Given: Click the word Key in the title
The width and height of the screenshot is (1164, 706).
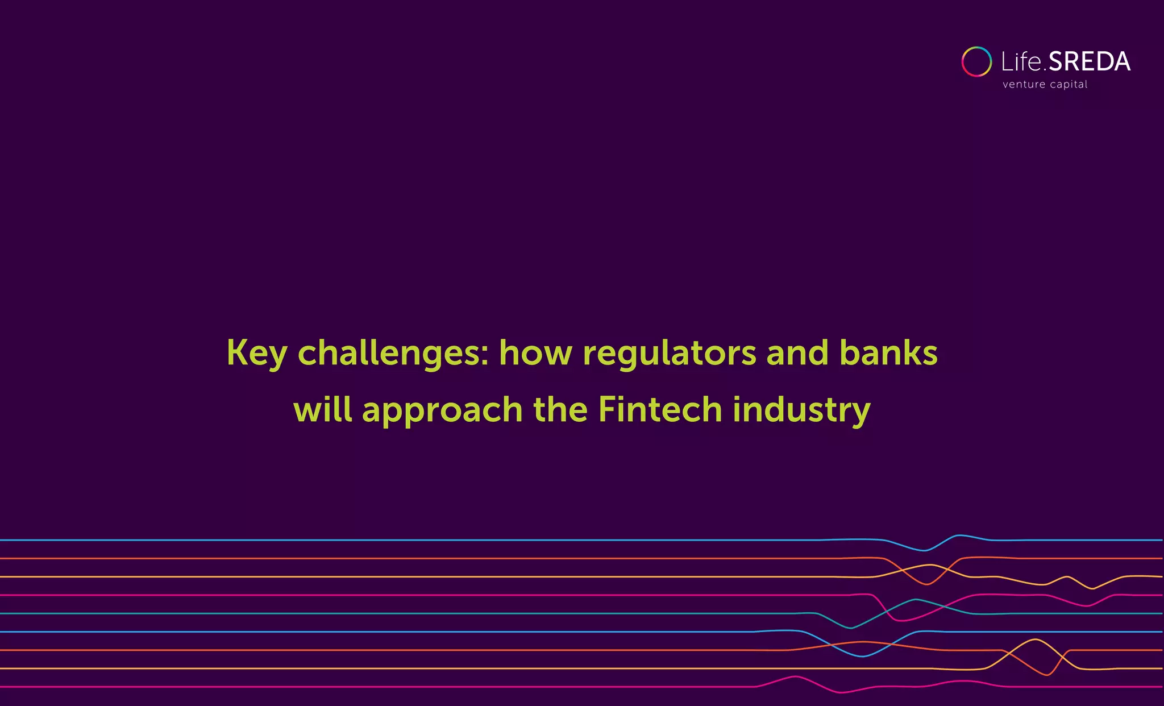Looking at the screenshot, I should tap(256, 354).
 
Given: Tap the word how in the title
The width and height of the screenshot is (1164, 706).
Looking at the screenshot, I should tap(535, 352).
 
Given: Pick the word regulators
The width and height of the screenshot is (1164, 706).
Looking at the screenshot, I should tap(670, 354).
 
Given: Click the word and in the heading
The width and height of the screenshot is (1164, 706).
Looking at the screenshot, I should tap(797, 352).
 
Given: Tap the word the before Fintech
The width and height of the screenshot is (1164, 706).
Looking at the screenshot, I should tap(560, 409).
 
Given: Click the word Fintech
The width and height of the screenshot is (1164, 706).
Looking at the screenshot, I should tap(660, 409).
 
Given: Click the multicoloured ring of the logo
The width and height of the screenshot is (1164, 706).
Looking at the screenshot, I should tap(976, 61).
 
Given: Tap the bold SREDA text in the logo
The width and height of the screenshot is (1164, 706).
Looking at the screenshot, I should tap(1089, 61).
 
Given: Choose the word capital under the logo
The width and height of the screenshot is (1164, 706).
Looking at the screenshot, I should tap(1069, 85).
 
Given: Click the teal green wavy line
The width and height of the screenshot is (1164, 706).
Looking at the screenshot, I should tap(398, 613).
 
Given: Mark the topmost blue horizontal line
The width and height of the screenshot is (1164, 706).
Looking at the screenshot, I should tap(398, 540).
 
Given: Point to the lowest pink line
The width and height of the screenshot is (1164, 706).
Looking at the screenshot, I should tap(398, 687).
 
